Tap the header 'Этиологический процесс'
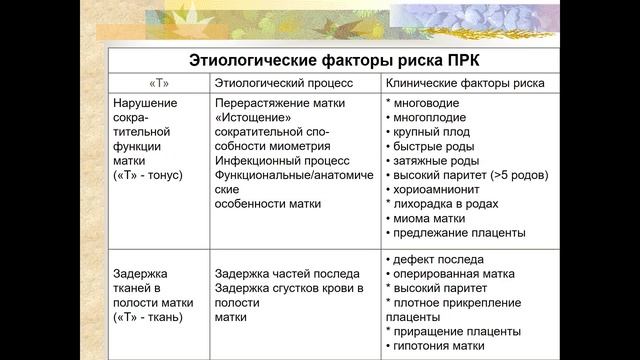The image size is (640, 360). click(x=277, y=82)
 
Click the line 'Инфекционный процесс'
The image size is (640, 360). click(x=281, y=160)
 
